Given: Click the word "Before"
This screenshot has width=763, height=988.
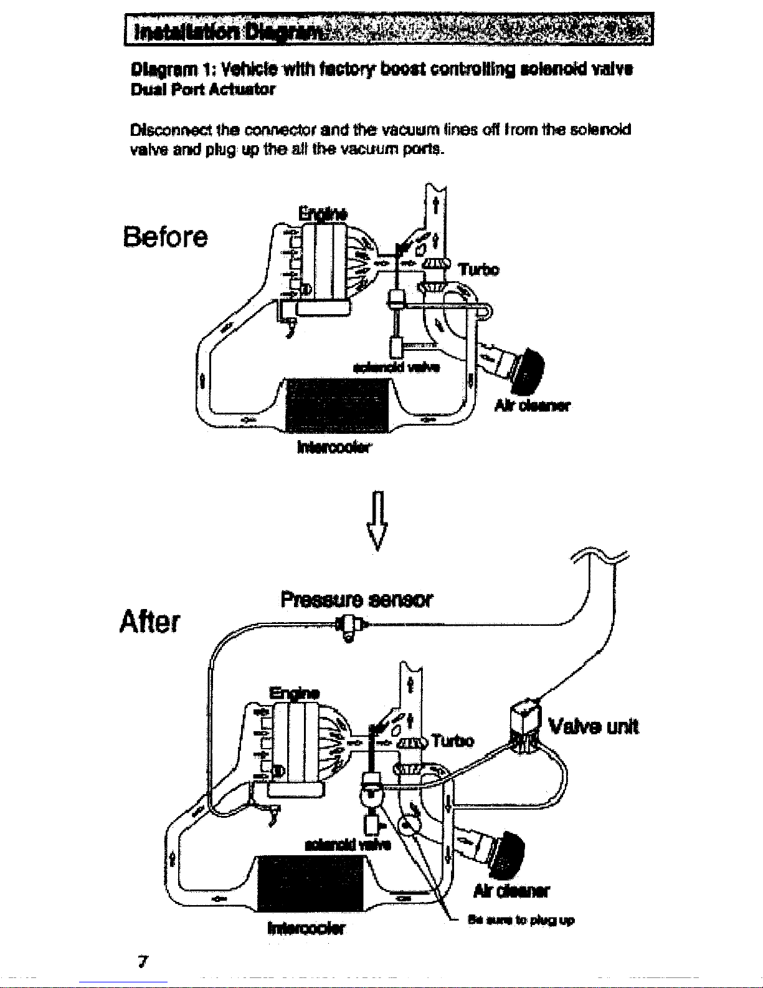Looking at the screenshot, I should (165, 237).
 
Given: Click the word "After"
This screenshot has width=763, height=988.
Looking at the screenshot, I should (150, 621).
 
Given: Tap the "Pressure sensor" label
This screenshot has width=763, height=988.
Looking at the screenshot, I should (356, 600).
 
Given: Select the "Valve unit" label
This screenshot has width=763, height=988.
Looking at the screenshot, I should (593, 727).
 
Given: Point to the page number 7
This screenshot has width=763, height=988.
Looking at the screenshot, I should (143, 961).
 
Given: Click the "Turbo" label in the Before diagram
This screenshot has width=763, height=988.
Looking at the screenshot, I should (478, 269).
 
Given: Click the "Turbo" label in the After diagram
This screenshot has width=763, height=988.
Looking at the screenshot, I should (453, 741).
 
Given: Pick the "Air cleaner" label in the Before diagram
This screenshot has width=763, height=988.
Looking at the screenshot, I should (533, 406).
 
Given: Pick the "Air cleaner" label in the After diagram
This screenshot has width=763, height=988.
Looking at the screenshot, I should (511, 891).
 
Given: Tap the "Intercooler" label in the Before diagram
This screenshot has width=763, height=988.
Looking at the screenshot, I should (334, 447).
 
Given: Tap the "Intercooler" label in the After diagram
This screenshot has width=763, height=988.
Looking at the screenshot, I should (306, 928).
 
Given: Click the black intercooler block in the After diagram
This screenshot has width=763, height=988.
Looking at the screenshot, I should (311, 883).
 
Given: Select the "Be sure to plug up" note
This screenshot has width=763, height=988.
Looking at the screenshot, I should (521, 920).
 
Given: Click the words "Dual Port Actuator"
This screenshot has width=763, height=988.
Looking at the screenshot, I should (202, 89).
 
